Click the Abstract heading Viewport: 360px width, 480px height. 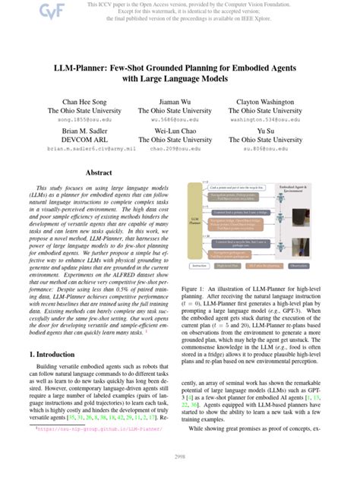pyautogui.click(x=98, y=173)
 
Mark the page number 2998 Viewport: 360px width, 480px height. pyautogui.click(x=179, y=457)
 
